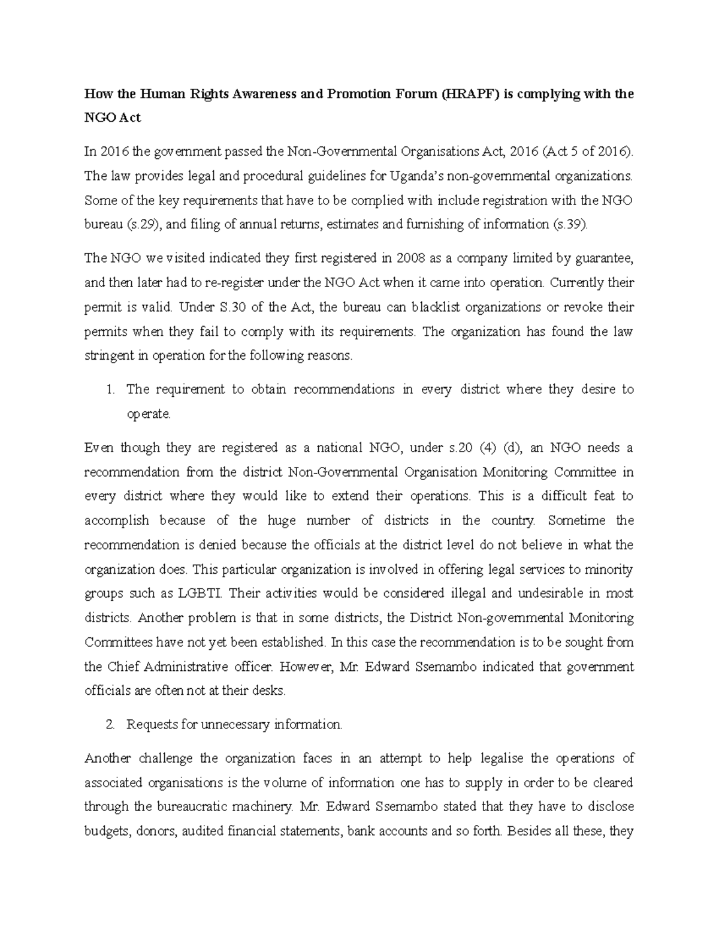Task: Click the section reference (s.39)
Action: tap(569, 225)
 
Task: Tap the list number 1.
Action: tap(108, 390)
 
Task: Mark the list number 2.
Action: tap(108, 725)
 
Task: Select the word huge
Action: tap(281, 520)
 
